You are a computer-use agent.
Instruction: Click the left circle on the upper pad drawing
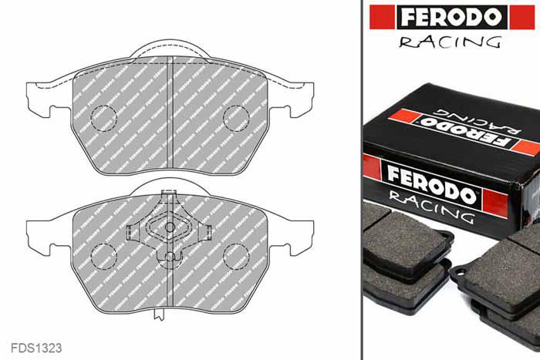(x=103, y=118)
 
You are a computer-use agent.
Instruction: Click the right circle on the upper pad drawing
(x=235, y=118)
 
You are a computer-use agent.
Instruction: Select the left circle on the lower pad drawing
(x=103, y=255)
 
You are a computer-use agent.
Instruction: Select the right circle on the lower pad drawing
(x=235, y=255)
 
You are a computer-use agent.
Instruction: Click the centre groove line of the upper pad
(x=170, y=116)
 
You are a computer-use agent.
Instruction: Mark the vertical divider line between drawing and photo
(x=362, y=180)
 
